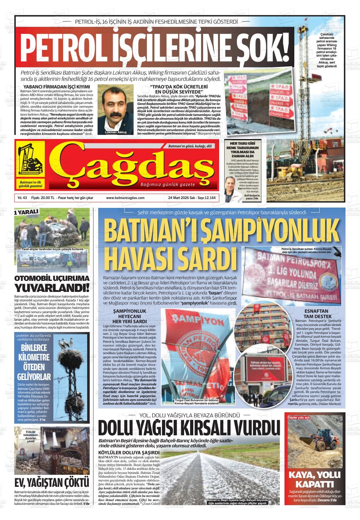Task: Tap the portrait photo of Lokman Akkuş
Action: click(x=115, y=109)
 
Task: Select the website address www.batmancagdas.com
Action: click(x=125, y=198)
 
